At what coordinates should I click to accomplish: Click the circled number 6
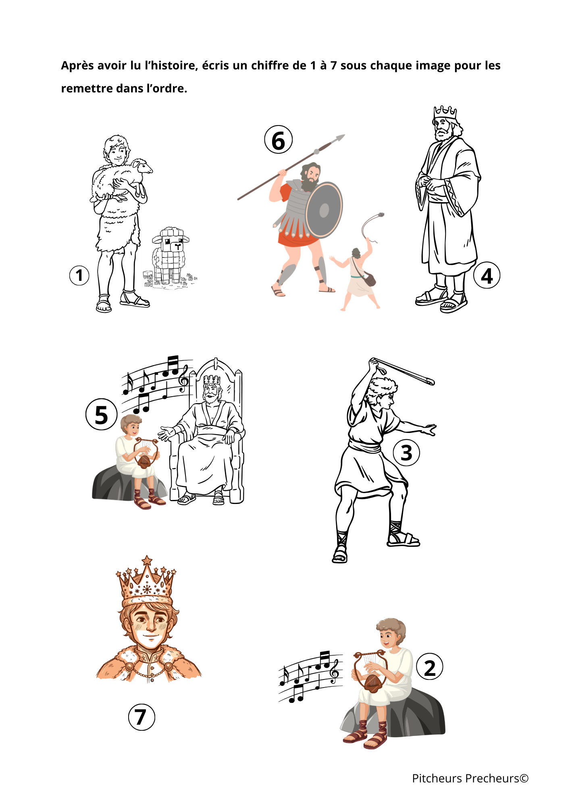tap(278, 140)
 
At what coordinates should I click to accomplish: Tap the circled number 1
tap(79, 276)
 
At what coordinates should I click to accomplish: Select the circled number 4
tap(487, 276)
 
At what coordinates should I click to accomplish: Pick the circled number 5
tap(101, 414)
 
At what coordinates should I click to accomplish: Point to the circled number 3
tap(406, 453)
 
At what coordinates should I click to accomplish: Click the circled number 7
tap(141, 717)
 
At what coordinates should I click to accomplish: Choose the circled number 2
tap(430, 667)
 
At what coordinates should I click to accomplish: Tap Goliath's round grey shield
tap(324, 210)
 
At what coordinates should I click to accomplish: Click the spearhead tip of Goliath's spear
tap(345, 135)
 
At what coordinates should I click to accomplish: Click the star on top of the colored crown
tap(147, 560)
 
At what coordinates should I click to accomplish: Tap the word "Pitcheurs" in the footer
tap(437, 778)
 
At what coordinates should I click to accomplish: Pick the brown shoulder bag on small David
tap(369, 279)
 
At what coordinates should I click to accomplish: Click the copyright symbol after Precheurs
tap(524, 778)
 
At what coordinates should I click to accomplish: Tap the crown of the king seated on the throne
tap(212, 380)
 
